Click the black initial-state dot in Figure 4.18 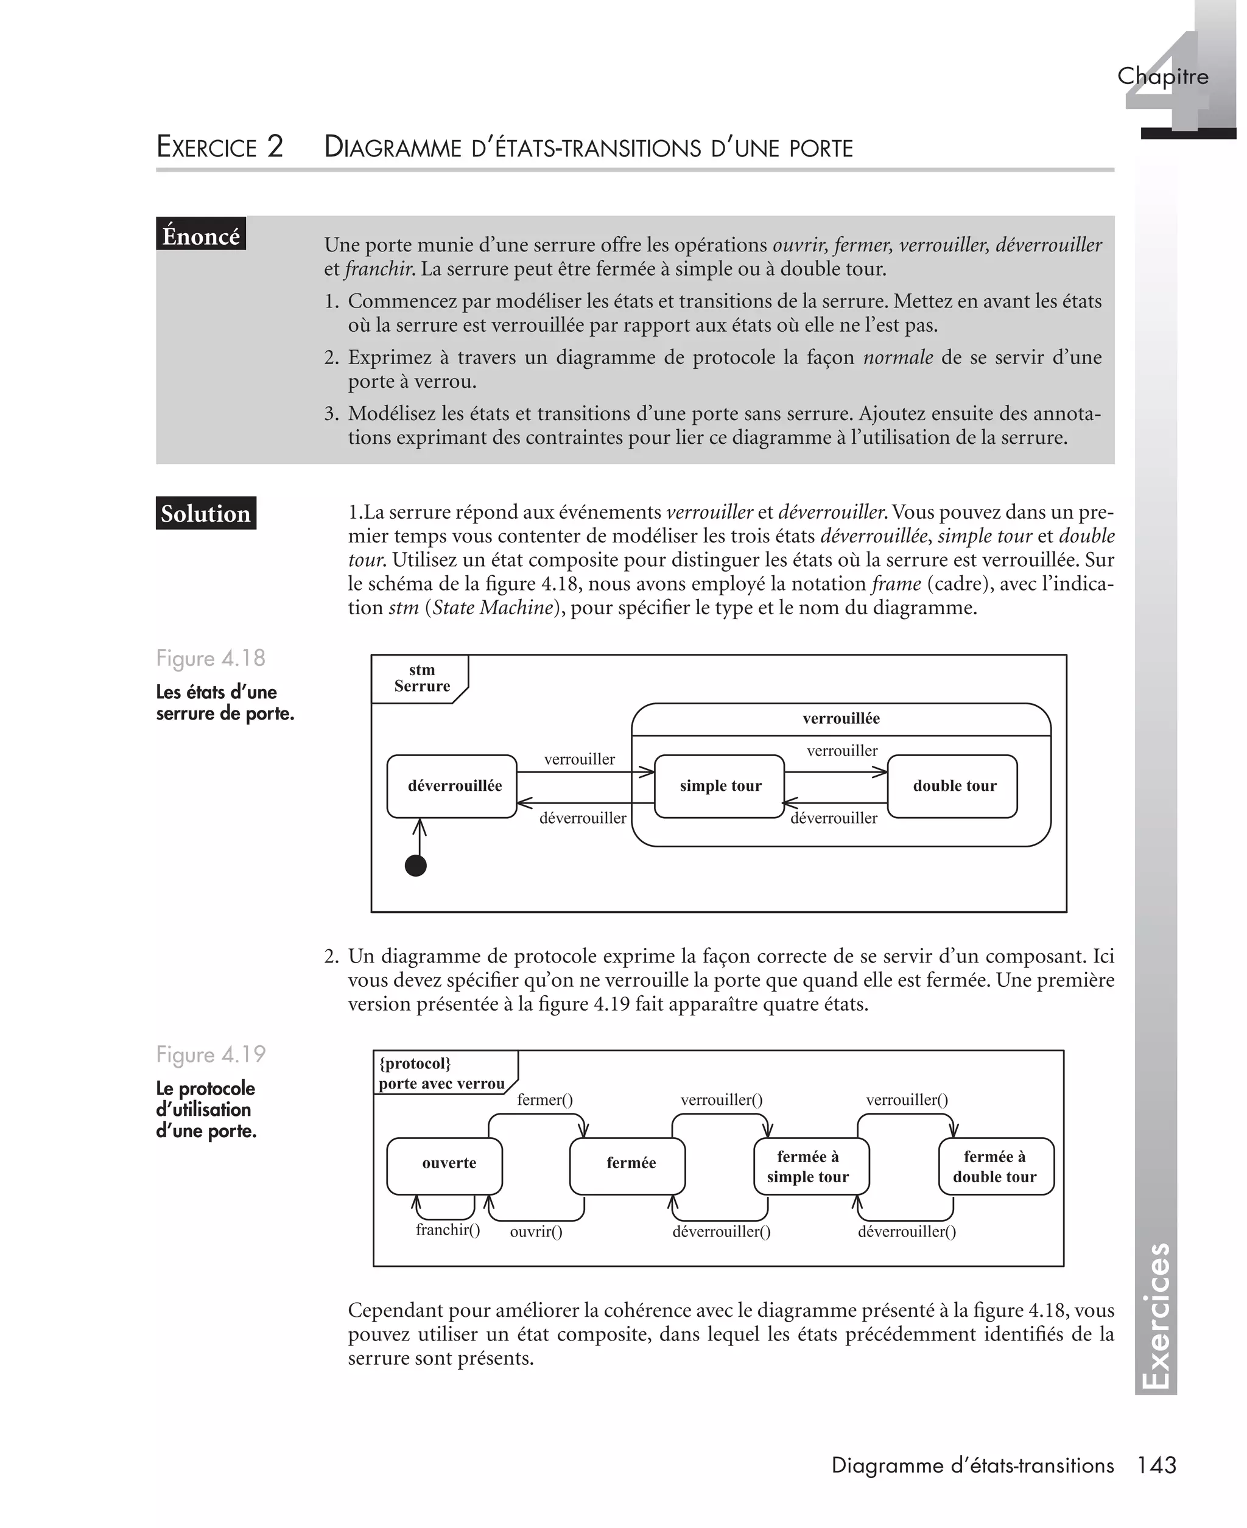[416, 865]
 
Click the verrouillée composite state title [840, 718]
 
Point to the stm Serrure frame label [421, 678]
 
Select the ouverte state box [444, 1163]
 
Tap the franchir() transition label [448, 1229]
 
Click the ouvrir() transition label [536, 1232]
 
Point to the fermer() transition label [544, 1099]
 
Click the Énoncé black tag [201, 235]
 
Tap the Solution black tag [205, 513]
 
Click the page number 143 [1156, 1465]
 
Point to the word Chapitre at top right [1162, 76]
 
